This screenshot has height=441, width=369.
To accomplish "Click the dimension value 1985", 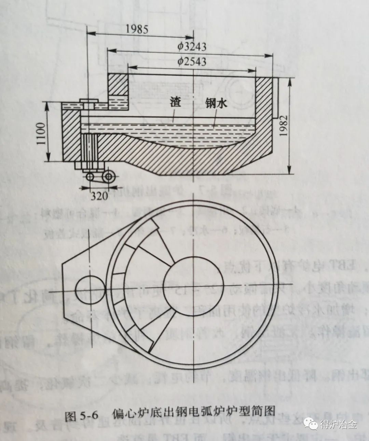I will [137, 29].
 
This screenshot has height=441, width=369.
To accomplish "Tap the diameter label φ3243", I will [192, 46].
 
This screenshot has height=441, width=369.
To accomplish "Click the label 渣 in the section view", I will [176, 103].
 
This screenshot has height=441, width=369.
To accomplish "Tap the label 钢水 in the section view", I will [216, 104].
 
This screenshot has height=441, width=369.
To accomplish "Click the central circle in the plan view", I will [194, 286].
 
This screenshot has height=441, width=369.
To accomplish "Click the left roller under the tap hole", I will [91, 177].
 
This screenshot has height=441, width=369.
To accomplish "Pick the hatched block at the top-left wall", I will [118, 85].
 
